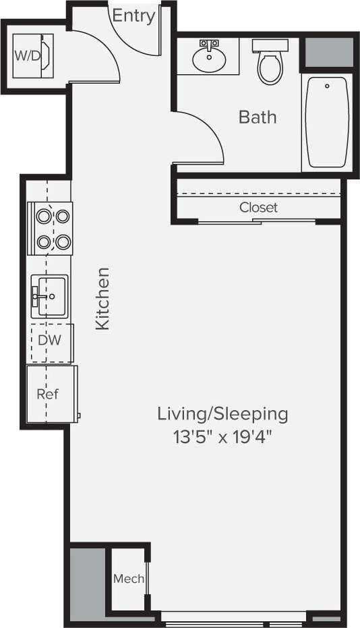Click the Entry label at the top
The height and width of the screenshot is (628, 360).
pyautogui.click(x=133, y=16)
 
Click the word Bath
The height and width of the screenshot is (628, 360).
pyautogui.click(x=258, y=117)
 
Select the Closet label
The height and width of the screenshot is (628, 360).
pyautogui.click(x=258, y=208)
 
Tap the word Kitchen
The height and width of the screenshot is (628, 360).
pyautogui.click(x=102, y=298)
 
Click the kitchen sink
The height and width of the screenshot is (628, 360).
pyautogui.click(x=51, y=295)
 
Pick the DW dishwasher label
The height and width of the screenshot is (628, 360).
pyautogui.click(x=49, y=340)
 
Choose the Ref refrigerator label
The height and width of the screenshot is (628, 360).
pyautogui.click(x=47, y=394)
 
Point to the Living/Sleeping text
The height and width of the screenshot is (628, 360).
pyautogui.click(x=222, y=413)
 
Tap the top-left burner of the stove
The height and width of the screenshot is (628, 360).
pyautogui.click(x=44, y=217)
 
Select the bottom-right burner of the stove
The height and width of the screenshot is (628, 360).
pyautogui.click(x=63, y=241)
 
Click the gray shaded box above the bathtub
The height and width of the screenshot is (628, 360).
pyautogui.click(x=329, y=53)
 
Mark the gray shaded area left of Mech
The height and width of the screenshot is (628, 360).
pyautogui.click(x=88, y=581)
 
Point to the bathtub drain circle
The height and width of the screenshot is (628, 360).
pyautogui.click(x=327, y=86)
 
